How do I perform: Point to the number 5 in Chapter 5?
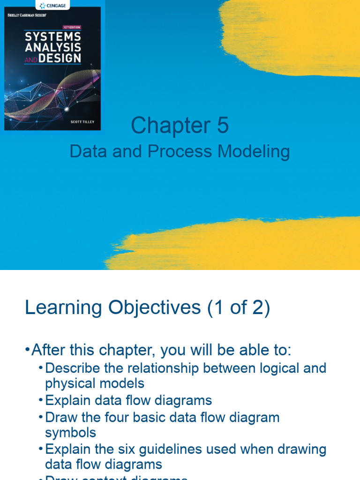point(222,126)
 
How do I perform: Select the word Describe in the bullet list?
point(73,368)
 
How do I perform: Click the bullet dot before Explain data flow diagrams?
point(41,401)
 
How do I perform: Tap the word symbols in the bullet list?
point(70,432)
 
